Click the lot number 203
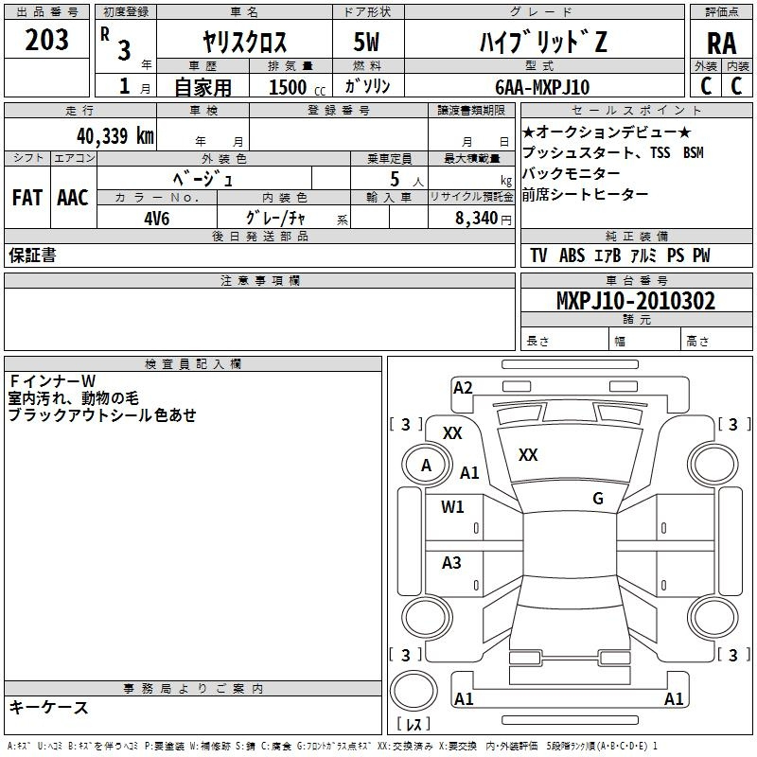[x=46, y=40]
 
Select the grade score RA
[x=721, y=44]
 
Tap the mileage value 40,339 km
[x=114, y=135]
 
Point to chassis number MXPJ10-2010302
[x=636, y=301]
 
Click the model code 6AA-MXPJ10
[x=542, y=87]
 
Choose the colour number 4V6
[x=157, y=219]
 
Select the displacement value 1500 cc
[x=297, y=87]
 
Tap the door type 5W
[x=366, y=42]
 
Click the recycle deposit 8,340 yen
[x=484, y=219]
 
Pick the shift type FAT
[x=27, y=198]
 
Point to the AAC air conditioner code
[x=73, y=198]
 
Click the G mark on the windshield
[x=598, y=499]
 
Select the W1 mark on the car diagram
[x=452, y=506]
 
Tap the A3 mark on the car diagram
[x=451, y=562]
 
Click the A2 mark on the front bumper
[x=463, y=388]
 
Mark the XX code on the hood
[x=528, y=455]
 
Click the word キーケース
[x=49, y=708]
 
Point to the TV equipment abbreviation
[x=538, y=255]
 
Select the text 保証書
[x=32, y=255]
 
